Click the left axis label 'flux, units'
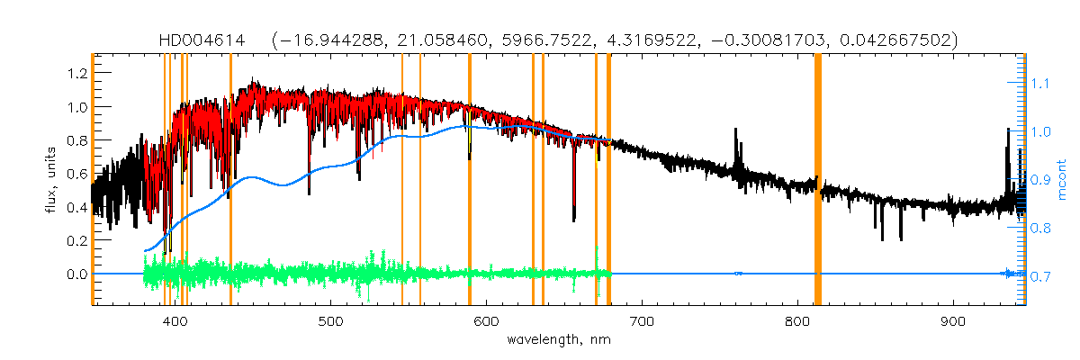click(51, 180)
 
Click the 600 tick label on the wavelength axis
click(486, 321)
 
